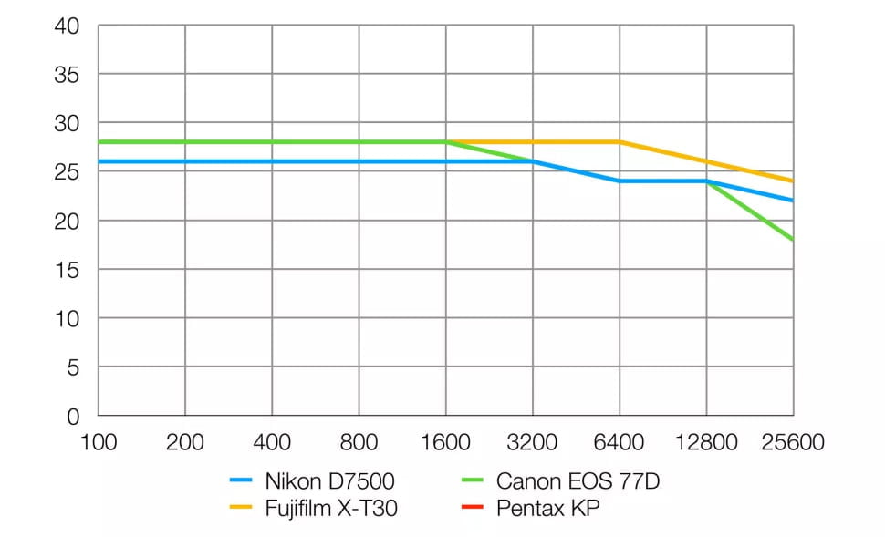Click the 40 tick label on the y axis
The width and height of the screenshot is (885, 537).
tap(69, 26)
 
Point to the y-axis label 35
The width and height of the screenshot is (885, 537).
tap(69, 75)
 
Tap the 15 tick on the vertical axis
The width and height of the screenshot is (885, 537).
tap(69, 270)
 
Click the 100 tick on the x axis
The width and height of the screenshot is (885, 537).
tap(99, 443)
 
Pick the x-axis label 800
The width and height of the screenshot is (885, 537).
tap(359, 443)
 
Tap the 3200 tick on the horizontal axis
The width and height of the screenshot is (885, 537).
tap(533, 443)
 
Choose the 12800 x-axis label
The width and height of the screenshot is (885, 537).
tap(706, 443)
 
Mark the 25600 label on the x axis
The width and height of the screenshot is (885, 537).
tap(793, 443)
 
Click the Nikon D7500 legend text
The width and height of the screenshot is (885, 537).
tap(330, 480)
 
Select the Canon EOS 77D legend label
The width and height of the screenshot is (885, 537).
tap(578, 480)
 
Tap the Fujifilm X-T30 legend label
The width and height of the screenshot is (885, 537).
tap(331, 509)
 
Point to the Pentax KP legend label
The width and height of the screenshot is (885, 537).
tap(548, 509)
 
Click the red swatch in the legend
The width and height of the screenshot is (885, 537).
tap(473, 509)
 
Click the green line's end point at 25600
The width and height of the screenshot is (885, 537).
tap(792, 240)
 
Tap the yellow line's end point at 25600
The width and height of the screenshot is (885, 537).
tap(792, 181)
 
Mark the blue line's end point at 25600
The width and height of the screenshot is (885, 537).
tap(792, 201)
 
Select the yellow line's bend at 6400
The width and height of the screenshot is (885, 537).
tap(619, 142)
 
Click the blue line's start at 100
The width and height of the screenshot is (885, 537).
tap(99, 161)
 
